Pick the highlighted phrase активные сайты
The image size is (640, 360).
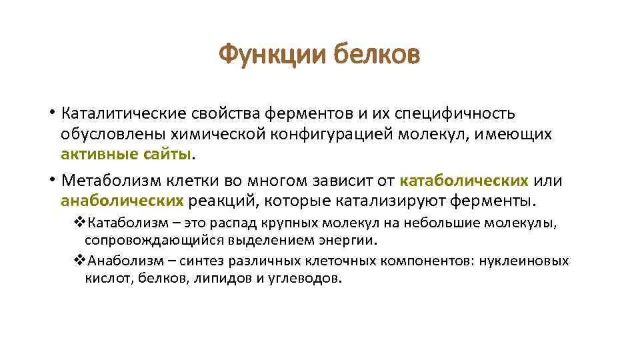127,155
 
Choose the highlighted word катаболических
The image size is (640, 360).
465,181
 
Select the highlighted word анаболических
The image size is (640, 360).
122,200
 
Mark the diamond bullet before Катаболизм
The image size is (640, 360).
78,222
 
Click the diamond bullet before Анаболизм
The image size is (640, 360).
78,261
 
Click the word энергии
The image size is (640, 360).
352,239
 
